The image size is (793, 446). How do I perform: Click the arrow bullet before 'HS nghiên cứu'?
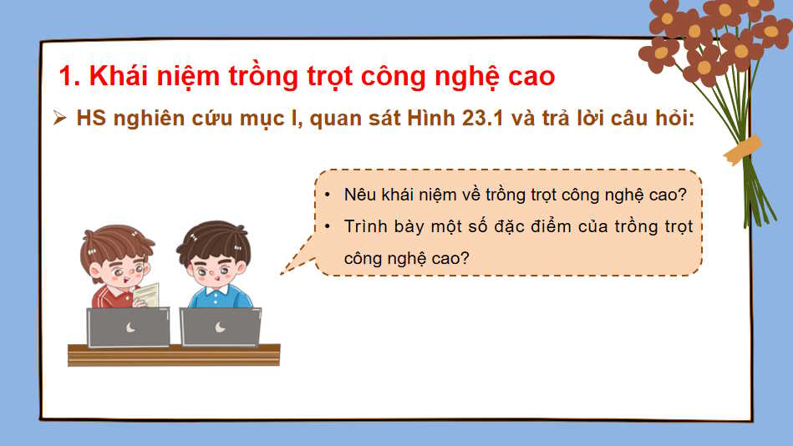click(x=59, y=119)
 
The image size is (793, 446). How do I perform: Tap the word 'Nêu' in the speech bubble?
click(x=358, y=195)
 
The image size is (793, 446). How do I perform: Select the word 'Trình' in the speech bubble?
click(x=364, y=226)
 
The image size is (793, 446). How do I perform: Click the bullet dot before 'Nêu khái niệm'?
click(x=328, y=195)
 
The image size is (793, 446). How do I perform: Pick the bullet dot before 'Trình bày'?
click(x=328, y=226)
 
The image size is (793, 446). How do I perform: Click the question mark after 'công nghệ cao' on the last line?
click(x=465, y=259)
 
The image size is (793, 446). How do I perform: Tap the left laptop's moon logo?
click(x=130, y=327)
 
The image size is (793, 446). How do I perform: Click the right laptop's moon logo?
click(x=220, y=327)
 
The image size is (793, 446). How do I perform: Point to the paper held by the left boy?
click(x=146, y=294)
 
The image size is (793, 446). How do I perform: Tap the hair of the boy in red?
click(x=117, y=238)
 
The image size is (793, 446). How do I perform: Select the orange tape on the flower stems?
click(x=742, y=150)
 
